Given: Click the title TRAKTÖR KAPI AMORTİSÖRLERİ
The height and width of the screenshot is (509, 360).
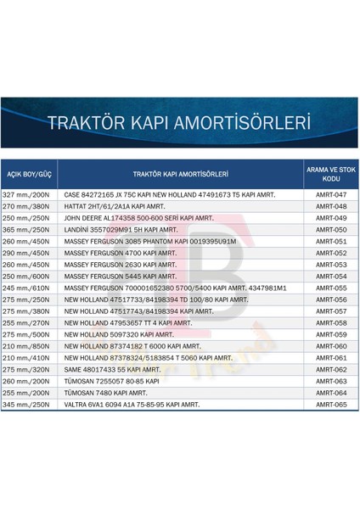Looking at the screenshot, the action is tap(180, 122).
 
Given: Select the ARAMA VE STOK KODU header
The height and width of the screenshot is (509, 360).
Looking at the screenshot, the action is tap(330, 174).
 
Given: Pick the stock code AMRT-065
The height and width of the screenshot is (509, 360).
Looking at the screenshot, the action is tap(330, 406).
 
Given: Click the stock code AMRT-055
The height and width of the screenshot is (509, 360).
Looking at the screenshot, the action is tap(330, 288).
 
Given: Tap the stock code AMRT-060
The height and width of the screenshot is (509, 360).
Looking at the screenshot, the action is tap(330, 347).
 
